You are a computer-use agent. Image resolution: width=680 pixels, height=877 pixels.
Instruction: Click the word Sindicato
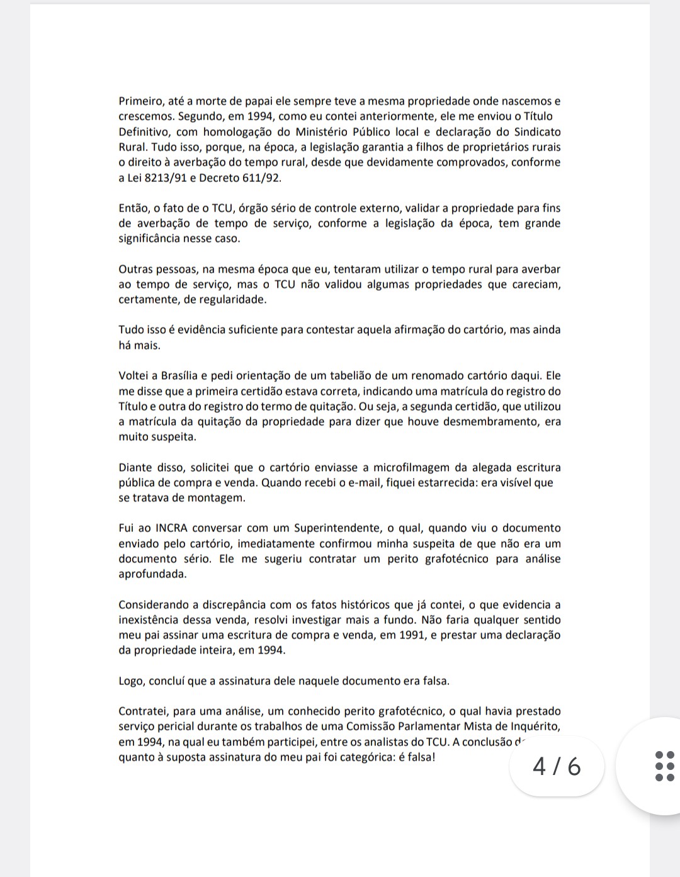[x=536, y=132]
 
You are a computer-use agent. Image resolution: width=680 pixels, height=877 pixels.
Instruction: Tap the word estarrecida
[x=441, y=483]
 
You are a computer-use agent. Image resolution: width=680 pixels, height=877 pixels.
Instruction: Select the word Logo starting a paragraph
[x=130, y=681]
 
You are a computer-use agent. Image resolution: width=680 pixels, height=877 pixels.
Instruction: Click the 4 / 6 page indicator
[x=557, y=767]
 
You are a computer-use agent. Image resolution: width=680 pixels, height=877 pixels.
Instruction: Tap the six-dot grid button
[x=665, y=766]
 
